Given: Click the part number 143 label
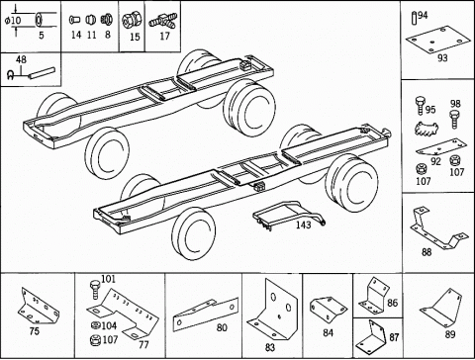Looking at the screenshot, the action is (x=303, y=225).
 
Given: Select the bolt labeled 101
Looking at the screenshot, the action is (x=95, y=289).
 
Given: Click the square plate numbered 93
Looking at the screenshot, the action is (x=437, y=40).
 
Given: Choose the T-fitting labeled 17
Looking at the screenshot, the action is (x=163, y=21).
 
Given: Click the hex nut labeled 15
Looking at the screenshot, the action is (x=130, y=21).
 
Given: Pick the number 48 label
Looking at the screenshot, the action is (x=21, y=59).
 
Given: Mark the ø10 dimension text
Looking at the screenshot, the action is (x=13, y=21).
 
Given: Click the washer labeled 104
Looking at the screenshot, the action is (x=95, y=325).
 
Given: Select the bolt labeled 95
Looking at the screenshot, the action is (x=421, y=106).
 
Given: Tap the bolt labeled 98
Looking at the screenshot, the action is (x=454, y=120).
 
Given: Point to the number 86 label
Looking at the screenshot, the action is (x=392, y=303).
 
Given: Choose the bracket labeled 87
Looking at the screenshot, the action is (x=371, y=336).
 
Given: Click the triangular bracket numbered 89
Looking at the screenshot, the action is (x=440, y=308).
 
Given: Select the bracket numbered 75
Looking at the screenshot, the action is (x=39, y=306).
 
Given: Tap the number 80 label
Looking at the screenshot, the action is (x=222, y=327).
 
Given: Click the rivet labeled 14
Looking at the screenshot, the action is (x=74, y=20).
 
